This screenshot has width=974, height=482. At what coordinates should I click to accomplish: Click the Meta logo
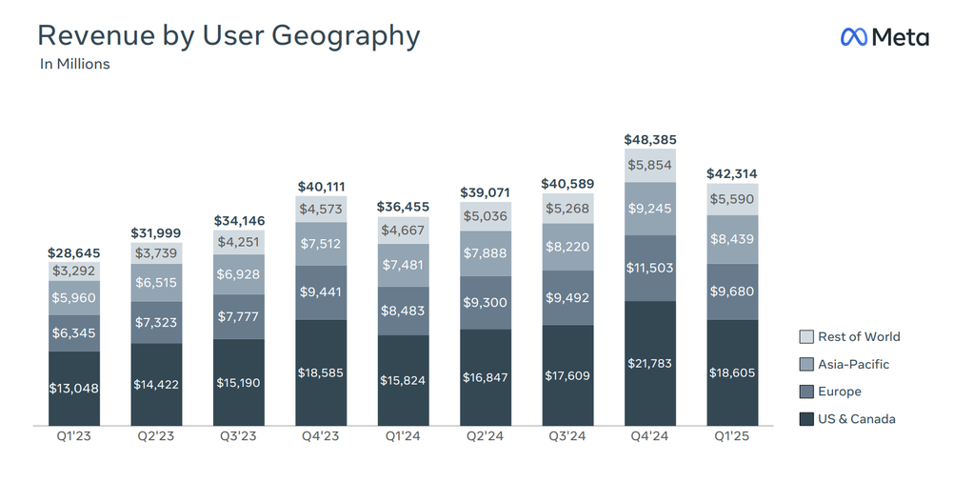pyautogui.click(x=885, y=36)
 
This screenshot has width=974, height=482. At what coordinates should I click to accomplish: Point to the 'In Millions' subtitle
pyautogui.click(x=74, y=64)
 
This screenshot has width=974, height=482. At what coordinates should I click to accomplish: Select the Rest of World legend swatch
pyautogui.click(x=806, y=336)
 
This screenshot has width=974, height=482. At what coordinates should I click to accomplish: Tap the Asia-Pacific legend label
pyautogui.click(x=853, y=364)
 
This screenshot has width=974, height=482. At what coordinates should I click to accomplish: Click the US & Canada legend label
pyautogui.click(x=857, y=418)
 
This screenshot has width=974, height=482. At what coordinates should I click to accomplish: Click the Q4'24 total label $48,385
pyautogui.click(x=649, y=139)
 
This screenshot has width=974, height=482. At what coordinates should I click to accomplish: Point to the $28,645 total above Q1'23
pyautogui.click(x=74, y=252)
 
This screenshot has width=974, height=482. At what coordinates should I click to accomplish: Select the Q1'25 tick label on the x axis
pyautogui.click(x=732, y=436)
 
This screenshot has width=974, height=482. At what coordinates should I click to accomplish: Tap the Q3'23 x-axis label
pyautogui.click(x=239, y=436)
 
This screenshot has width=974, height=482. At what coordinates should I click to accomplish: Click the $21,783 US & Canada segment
pyautogui.click(x=649, y=363)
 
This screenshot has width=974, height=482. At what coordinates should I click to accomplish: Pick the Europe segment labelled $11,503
pyautogui.click(x=649, y=269)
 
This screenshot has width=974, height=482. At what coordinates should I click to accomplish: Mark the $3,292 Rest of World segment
pyautogui.click(x=74, y=271)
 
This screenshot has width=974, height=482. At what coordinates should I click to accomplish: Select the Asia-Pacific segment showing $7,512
pyautogui.click(x=321, y=244)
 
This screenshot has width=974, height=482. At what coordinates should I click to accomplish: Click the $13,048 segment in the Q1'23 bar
pyautogui.click(x=74, y=389)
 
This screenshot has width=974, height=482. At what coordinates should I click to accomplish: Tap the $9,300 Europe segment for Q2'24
pyautogui.click(x=486, y=303)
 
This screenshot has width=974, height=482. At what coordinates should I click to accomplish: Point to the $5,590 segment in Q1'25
pyautogui.click(x=732, y=199)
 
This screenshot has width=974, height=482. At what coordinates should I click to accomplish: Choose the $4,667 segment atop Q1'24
pyautogui.click(x=403, y=231)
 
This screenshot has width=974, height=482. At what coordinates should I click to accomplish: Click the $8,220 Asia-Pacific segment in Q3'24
pyautogui.click(x=567, y=248)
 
